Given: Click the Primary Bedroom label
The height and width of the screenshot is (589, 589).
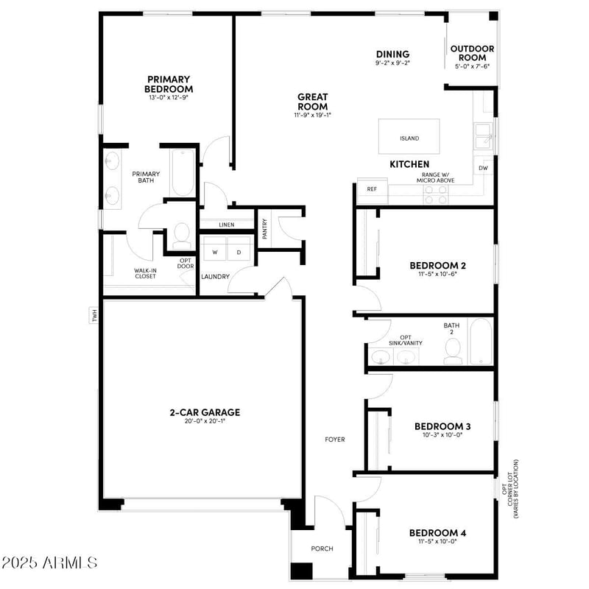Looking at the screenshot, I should coord(169,84).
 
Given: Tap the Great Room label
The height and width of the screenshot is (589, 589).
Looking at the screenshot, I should coord(313,101).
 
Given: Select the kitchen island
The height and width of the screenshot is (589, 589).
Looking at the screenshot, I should coord(409,137).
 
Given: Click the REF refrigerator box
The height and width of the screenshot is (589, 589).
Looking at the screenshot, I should coord(372,189).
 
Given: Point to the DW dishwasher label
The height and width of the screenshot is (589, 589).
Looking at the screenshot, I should coord(483,169).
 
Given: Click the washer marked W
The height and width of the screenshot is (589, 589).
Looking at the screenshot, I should coord(215,252).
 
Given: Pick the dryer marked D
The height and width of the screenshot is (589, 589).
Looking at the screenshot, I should coord(239,252).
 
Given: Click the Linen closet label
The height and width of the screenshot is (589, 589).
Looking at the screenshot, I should coord(227,225).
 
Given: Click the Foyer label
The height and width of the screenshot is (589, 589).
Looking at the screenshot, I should coord(335,440).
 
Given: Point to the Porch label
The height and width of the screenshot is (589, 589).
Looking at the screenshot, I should coord(322,549).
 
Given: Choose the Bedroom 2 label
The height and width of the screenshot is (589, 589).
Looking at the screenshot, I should coord(437,265).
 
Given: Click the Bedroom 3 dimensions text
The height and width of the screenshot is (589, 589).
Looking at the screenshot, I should coord(442,435).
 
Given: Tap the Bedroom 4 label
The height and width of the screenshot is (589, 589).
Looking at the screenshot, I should coord(438,532).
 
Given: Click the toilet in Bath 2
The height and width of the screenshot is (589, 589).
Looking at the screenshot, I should coord(454,352).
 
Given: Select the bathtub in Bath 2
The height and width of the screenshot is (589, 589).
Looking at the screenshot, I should coord(483,342).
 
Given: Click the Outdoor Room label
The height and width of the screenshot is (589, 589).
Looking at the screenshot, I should coord(472,53).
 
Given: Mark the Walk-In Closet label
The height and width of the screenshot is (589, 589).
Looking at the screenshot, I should coord(144,273).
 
